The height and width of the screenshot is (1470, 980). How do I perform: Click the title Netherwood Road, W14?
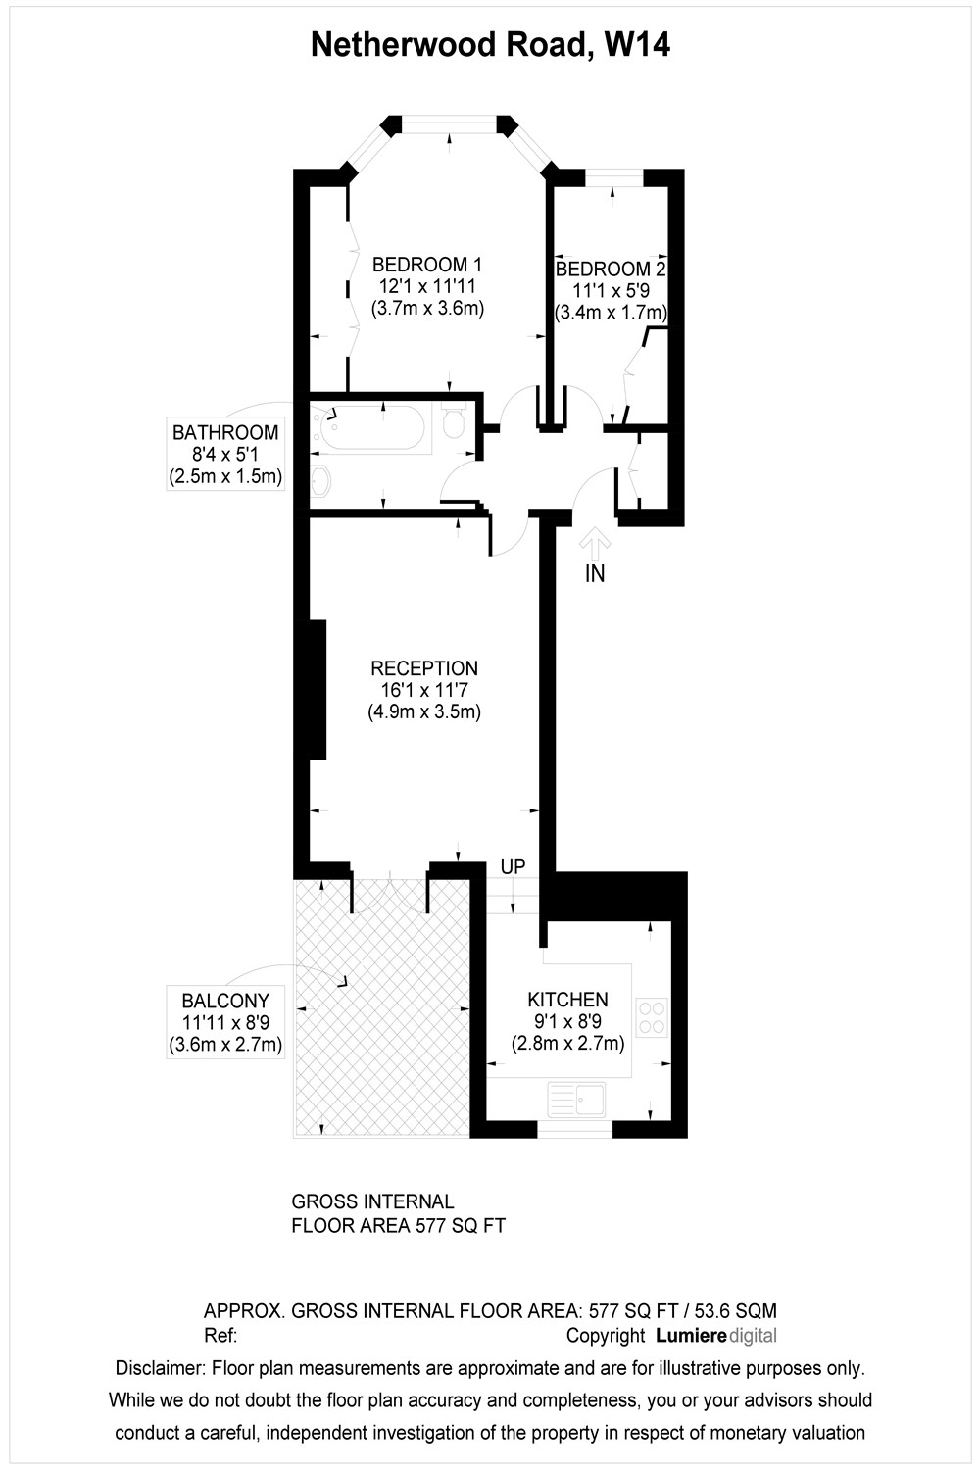click(490, 46)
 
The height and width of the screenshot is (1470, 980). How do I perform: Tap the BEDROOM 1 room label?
click(427, 265)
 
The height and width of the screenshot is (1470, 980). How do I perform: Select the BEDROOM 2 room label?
click(611, 269)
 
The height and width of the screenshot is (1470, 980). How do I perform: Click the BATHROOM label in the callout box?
click(225, 432)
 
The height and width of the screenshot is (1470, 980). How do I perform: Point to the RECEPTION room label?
click(424, 668)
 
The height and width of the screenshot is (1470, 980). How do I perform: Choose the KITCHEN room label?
click(567, 1000)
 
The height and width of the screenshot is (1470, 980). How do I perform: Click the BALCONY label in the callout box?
click(225, 1001)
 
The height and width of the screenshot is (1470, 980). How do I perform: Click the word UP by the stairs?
click(513, 867)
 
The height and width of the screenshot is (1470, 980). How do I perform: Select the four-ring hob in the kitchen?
click(652, 1018)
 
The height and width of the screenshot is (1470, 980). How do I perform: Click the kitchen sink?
click(576, 1100)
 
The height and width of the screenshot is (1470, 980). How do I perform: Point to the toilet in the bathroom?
click(454, 420)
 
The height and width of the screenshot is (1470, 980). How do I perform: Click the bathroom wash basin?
click(320, 483)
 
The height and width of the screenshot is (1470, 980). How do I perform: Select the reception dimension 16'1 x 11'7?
click(424, 690)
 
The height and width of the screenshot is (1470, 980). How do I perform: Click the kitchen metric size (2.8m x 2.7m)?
click(567, 1044)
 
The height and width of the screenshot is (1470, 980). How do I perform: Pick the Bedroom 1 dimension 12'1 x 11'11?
click(427, 286)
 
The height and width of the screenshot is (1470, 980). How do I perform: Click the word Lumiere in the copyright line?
click(691, 1335)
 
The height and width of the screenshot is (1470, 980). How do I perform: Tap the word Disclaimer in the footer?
click(160, 1368)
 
